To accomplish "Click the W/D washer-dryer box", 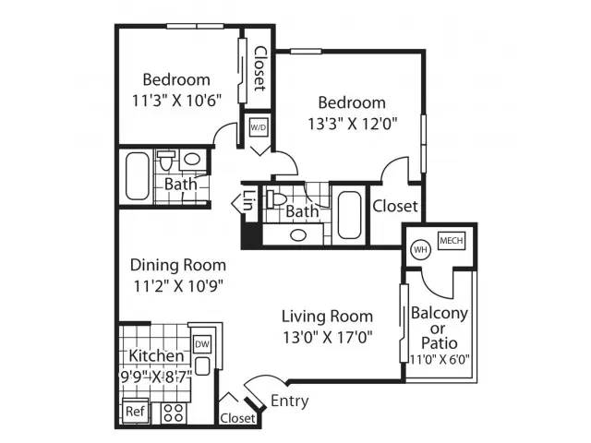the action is [x=259, y=127].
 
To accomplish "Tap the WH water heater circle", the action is [x=421, y=249].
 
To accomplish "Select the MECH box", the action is [x=452, y=240].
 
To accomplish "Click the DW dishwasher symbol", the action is [x=202, y=344].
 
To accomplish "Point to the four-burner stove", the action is [x=174, y=413].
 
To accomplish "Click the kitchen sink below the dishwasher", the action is [x=202, y=366].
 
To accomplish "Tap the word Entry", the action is [x=289, y=401].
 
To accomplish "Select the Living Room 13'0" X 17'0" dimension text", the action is [x=328, y=337].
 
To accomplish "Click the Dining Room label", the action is [x=178, y=265].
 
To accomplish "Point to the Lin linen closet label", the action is [x=249, y=200].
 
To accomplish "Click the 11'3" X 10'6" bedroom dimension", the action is [x=176, y=101].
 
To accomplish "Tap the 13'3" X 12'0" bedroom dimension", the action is [x=353, y=124].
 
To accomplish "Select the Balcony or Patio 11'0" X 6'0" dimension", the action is [x=440, y=359].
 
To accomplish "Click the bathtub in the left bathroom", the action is [x=138, y=176].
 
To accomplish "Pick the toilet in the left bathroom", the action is [x=165, y=160].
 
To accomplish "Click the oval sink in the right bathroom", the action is [x=298, y=235].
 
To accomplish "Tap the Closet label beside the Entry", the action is [x=237, y=418].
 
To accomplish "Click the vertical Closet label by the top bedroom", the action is [x=259, y=68].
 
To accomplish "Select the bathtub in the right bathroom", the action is [x=349, y=215].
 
